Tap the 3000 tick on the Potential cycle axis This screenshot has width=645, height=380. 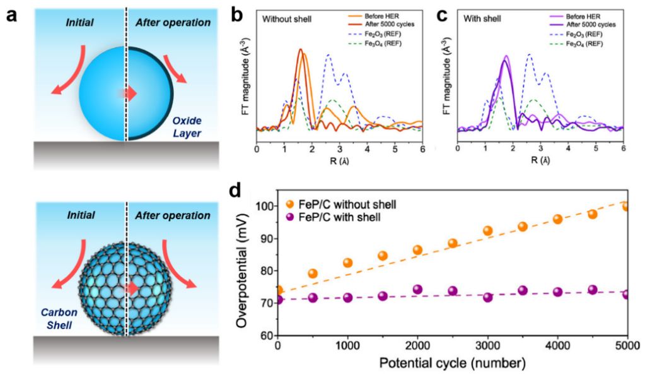(x=487, y=346)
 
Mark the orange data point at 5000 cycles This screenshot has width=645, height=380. (x=626, y=206)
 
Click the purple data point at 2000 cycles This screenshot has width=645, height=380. (x=417, y=290)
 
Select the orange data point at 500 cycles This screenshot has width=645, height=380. (x=313, y=273)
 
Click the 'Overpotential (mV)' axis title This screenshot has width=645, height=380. (x=243, y=271)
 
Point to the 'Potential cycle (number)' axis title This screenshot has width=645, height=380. (x=452, y=364)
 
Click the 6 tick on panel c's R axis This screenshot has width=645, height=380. (x=623, y=150)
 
